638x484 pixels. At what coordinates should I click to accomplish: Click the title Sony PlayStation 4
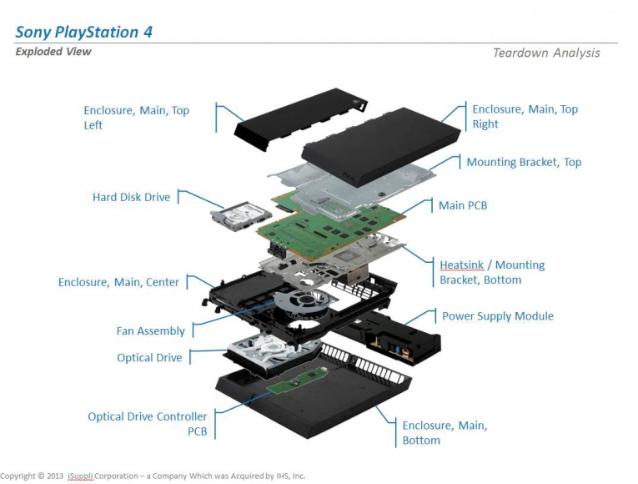[x=83, y=33]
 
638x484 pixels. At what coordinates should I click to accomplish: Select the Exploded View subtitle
[x=53, y=52]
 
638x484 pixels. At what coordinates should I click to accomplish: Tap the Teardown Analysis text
[x=545, y=53]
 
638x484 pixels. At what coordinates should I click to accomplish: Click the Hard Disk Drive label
[x=131, y=198]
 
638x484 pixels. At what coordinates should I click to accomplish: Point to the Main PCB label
[x=463, y=205]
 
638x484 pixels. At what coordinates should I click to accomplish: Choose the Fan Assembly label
[x=150, y=331]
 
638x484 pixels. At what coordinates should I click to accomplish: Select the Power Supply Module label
[x=497, y=316]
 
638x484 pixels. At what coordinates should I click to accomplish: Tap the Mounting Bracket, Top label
[x=524, y=162]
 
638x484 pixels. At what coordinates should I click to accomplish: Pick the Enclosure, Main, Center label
[x=118, y=283]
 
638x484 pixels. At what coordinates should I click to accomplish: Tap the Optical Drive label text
[x=149, y=358]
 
